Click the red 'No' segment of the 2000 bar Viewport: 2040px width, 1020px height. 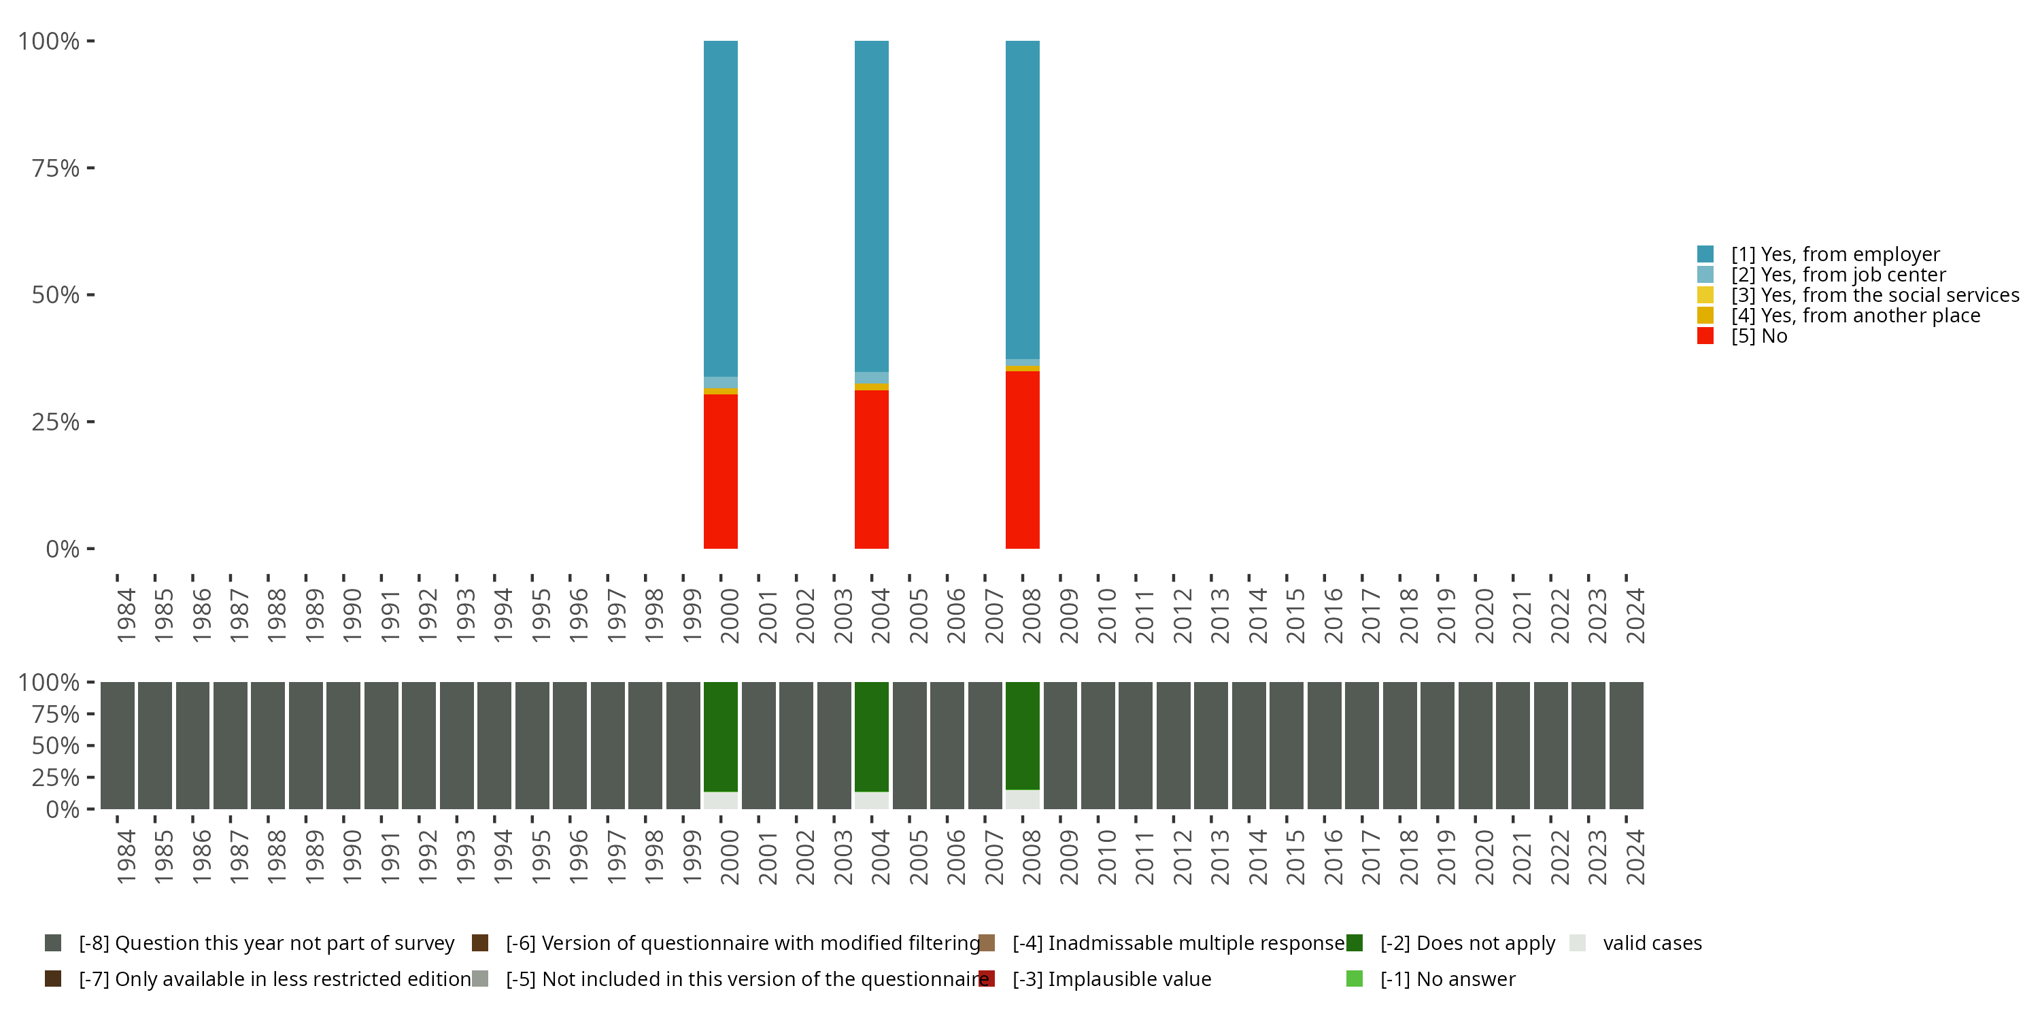721,471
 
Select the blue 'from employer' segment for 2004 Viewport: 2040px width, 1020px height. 871,206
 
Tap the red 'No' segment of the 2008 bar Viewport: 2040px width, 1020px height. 1022,459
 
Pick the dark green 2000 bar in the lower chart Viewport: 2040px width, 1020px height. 721,736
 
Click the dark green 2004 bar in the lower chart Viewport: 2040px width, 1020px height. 871,736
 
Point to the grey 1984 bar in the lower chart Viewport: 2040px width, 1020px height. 117,745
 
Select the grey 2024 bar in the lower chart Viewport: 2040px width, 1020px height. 1626,745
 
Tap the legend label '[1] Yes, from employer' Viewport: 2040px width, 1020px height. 1835,254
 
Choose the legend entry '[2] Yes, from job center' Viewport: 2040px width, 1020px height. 1837,275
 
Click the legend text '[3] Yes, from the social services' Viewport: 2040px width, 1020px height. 1875,295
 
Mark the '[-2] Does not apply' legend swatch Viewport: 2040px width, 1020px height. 1354,943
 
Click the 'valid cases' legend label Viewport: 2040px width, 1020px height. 1652,943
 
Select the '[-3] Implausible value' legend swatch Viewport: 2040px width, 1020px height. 987,979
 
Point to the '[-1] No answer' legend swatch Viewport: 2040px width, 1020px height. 1354,979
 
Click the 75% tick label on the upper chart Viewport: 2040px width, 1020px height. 56,168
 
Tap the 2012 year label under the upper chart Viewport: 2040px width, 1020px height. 1182,615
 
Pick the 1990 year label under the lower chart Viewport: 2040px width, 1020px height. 352,857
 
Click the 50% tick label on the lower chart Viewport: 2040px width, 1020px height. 56,746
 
